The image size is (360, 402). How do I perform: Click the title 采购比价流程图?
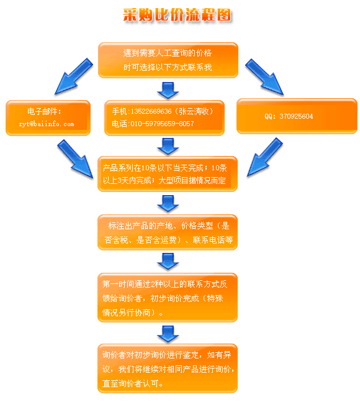click(177, 15)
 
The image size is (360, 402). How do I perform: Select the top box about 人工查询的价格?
click(168, 60)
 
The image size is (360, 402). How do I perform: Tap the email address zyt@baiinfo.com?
click(47, 124)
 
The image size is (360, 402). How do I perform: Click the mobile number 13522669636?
click(151, 111)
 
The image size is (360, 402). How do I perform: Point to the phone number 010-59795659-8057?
click(163, 124)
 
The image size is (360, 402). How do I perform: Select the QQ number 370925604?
click(296, 116)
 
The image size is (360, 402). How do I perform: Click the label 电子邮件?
click(43, 111)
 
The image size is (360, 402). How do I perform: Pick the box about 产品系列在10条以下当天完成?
click(168, 174)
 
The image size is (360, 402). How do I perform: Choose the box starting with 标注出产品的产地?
click(168, 232)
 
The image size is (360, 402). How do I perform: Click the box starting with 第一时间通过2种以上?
click(168, 298)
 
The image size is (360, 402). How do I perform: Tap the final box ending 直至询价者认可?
click(168, 368)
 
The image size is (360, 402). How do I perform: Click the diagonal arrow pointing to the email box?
click(73, 76)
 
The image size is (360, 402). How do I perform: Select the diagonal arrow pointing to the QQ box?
click(264, 77)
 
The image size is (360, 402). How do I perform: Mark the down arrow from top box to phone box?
click(168, 90)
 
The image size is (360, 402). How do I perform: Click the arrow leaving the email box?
click(75, 159)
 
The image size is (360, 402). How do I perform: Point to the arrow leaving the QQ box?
click(265, 157)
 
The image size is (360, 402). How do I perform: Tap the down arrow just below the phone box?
click(168, 147)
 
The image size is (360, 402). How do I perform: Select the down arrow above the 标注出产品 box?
click(168, 204)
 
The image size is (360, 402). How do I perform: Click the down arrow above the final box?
click(168, 334)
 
